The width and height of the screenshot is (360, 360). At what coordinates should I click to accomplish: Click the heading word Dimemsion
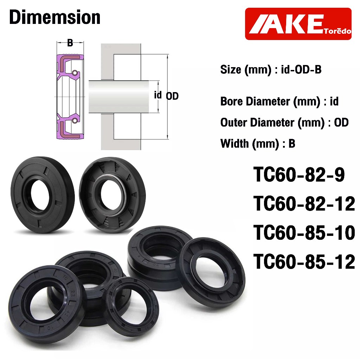54,18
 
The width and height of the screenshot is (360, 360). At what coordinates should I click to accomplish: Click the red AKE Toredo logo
298,24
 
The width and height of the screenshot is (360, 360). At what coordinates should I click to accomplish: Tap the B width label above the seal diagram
70,43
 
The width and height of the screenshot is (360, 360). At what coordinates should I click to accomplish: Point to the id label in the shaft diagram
158,95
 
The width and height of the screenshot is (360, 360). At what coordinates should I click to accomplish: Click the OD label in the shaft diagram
172,96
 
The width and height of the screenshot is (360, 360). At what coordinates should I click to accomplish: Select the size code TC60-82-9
299,175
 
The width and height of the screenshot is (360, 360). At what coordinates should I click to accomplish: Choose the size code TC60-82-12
304,204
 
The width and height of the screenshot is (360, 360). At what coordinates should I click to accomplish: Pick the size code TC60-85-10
304,233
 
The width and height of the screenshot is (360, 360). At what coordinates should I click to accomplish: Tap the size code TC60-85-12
304,262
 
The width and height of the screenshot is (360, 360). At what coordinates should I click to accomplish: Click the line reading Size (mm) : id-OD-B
271,70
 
